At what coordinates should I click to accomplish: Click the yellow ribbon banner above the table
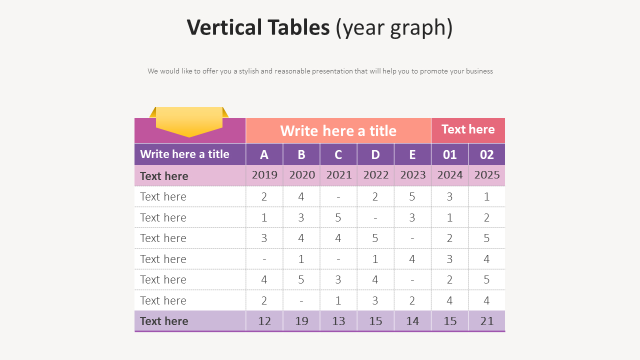[189, 120]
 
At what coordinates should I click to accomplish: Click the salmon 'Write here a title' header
[338, 130]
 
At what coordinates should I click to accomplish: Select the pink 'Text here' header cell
[468, 129]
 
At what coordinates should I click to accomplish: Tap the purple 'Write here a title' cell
[184, 154]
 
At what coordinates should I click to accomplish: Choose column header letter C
[338, 154]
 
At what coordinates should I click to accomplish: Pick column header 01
[449, 154]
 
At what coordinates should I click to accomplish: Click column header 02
[486, 154]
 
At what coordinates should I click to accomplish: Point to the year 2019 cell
[264, 175]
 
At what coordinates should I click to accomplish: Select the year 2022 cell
[375, 175]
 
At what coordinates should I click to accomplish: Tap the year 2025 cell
[486, 175]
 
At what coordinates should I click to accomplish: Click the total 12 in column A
[264, 321]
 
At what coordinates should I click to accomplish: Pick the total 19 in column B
[301, 321]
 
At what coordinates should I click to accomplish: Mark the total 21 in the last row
[486, 321]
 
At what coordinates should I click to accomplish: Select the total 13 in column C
[338, 321]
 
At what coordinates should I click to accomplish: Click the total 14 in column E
[412, 321]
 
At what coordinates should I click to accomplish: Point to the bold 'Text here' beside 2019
[164, 176]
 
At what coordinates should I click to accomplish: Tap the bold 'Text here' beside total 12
[164, 321]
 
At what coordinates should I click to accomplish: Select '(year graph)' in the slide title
[394, 28]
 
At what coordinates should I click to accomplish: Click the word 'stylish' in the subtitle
[248, 71]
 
